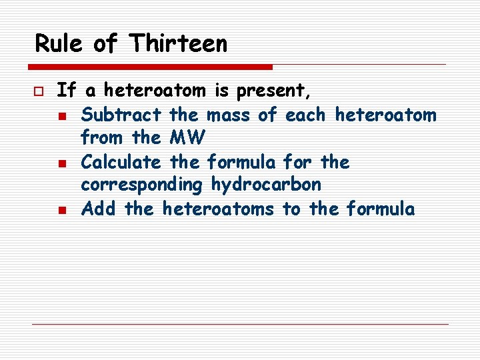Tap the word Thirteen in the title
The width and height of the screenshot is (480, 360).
coord(179,44)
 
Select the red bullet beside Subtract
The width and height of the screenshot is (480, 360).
coord(62,116)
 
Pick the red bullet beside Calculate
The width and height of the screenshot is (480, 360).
coord(62,163)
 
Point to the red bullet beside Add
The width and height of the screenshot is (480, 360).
coord(62,210)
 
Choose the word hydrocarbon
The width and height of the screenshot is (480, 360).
coord(266,185)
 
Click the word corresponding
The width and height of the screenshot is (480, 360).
coord(143,185)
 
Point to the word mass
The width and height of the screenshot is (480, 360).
coord(229,115)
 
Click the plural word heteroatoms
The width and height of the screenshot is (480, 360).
coord(218,209)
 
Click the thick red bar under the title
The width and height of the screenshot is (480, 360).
coord(151,67)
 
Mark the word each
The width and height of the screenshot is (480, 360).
coord(305,115)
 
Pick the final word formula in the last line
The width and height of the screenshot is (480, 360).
coord(381,209)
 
